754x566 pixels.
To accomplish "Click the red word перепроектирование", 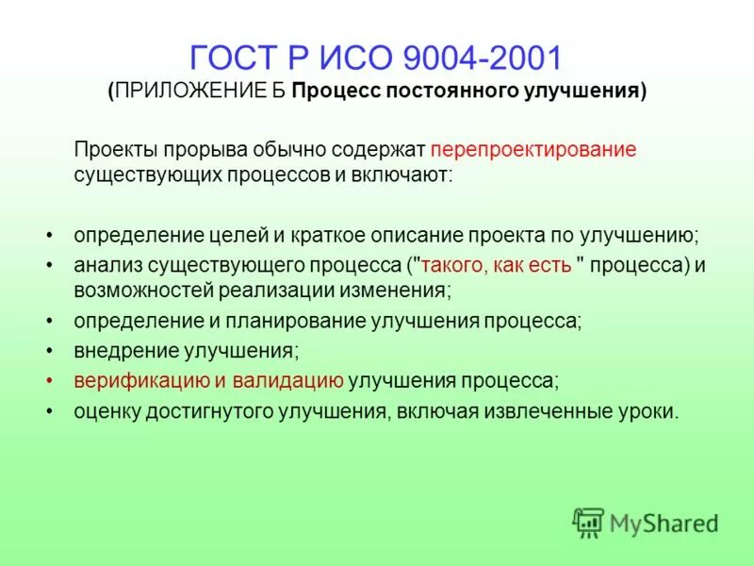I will (x=533, y=150).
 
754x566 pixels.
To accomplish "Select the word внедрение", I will (x=117, y=351).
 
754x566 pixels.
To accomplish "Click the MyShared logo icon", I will (x=587, y=521).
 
